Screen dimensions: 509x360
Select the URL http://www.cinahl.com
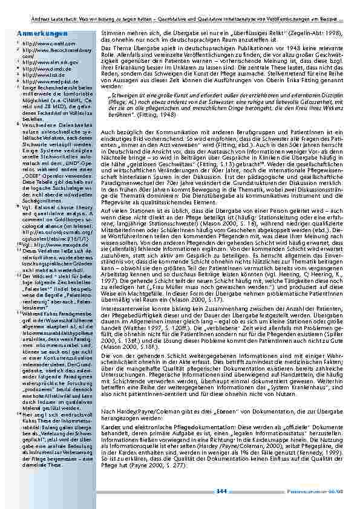coord(42,44)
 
